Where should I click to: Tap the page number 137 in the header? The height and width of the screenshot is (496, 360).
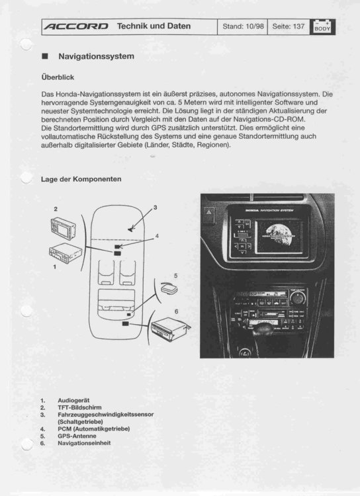tap(298, 26)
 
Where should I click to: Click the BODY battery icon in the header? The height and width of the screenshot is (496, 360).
tap(322, 26)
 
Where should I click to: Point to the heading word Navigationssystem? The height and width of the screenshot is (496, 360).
tap(96, 57)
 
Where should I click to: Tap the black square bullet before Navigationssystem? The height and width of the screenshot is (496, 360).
tap(44, 57)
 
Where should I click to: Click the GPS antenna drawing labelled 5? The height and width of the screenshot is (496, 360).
tap(168, 289)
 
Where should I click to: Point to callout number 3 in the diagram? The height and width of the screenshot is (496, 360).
tap(156, 208)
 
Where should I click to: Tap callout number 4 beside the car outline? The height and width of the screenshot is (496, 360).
tap(157, 235)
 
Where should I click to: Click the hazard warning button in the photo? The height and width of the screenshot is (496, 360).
tap(210, 213)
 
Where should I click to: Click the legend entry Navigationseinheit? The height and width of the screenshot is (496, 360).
tap(84, 443)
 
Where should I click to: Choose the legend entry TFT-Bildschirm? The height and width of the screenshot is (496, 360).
tap(79, 407)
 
